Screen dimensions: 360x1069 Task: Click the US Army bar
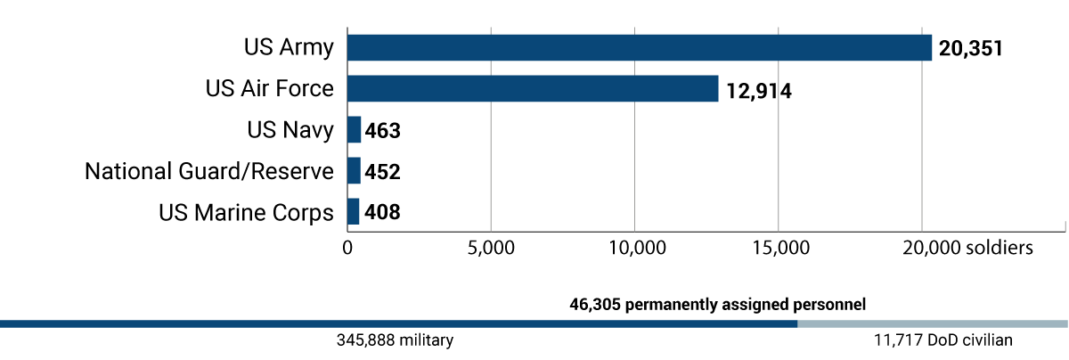point(639,47)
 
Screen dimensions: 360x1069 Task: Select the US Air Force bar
point(532,88)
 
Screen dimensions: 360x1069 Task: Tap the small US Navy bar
point(354,130)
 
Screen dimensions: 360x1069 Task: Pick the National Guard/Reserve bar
point(354,170)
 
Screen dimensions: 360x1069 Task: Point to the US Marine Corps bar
point(353,211)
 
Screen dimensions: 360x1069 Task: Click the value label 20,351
point(971,48)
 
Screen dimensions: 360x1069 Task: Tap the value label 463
point(383,131)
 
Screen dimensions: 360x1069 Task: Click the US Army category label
point(289,47)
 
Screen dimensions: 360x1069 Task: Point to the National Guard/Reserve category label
point(208,170)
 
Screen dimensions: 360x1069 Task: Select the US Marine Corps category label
point(246,212)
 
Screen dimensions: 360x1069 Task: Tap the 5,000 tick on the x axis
point(491,248)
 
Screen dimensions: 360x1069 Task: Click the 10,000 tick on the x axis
point(635,248)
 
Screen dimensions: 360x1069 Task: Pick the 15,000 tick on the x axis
point(779,248)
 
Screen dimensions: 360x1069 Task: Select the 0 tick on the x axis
point(347,248)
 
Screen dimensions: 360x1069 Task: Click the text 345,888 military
point(395,340)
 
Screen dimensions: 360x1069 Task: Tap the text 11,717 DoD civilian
point(943,340)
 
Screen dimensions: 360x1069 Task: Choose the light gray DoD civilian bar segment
point(933,323)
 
